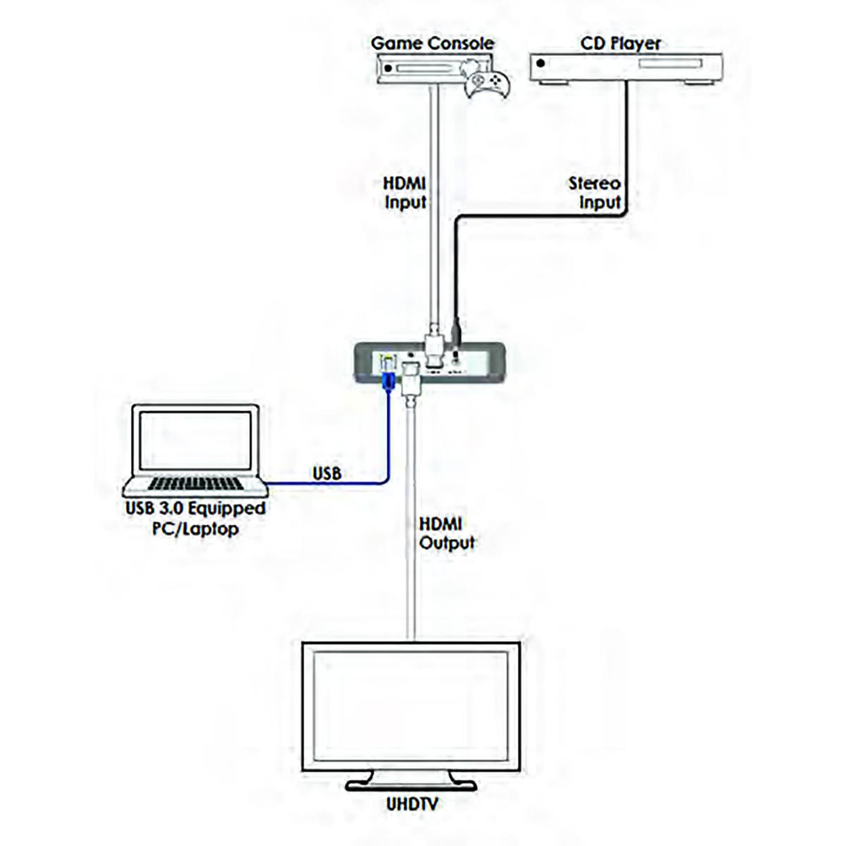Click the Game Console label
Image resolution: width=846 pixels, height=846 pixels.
tap(432, 44)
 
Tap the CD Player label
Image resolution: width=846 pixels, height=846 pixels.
tap(620, 44)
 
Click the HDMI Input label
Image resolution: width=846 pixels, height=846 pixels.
tap(405, 192)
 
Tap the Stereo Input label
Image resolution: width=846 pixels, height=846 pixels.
tap(595, 192)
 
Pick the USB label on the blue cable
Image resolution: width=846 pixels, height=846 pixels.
tap(327, 473)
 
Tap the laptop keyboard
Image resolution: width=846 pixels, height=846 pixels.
tap(196, 484)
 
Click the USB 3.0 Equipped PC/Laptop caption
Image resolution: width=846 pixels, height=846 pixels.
tap(195, 518)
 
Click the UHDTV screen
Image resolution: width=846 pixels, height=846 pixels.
tap(411, 705)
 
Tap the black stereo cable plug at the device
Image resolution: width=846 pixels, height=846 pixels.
tap(456, 330)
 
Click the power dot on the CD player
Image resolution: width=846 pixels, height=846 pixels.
tap(541, 63)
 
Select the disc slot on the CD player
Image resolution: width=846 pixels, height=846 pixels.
tap(670, 64)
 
